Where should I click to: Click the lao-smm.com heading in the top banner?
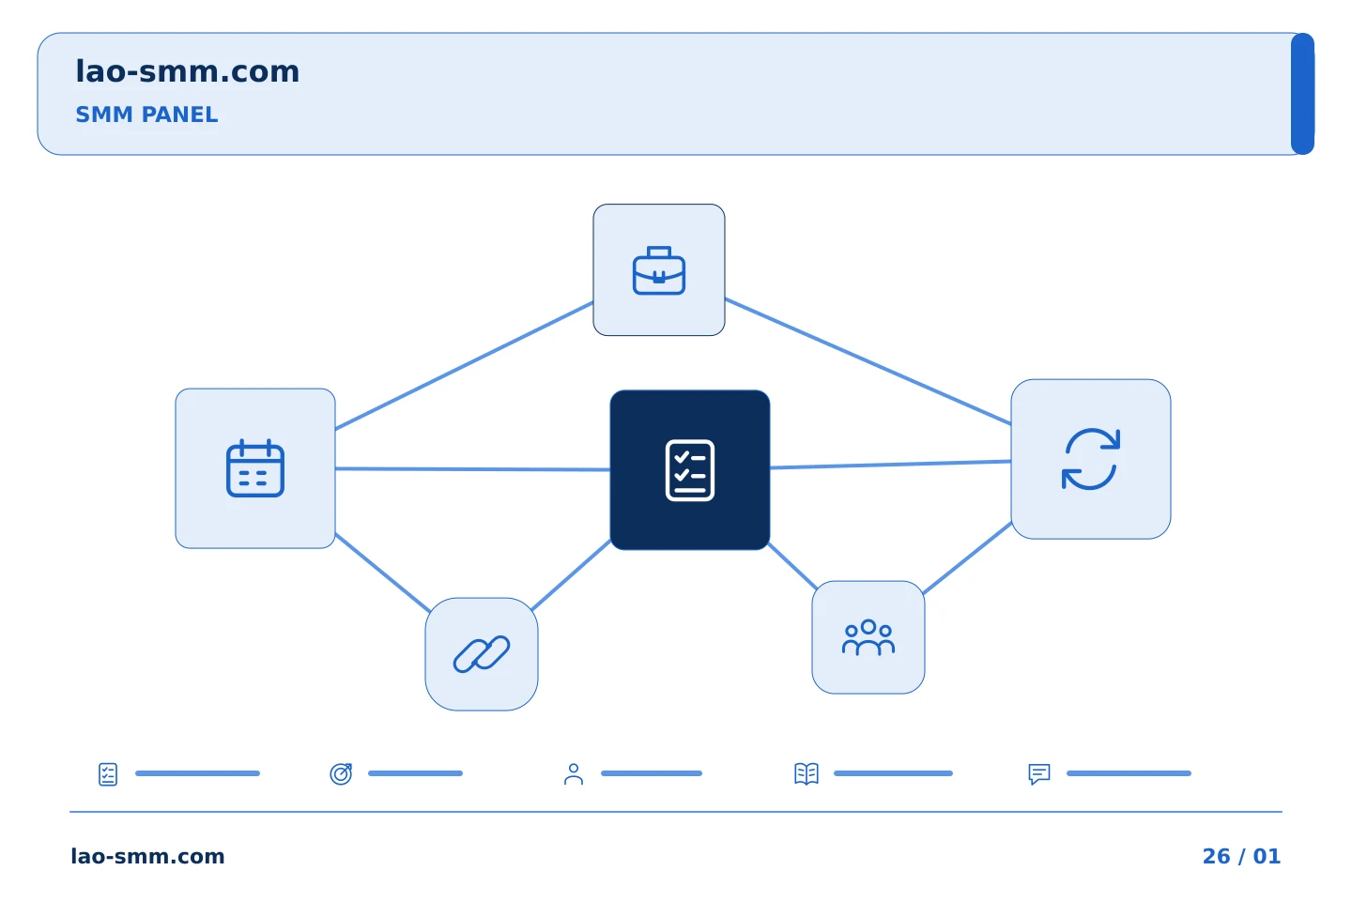pyautogui.click(x=187, y=71)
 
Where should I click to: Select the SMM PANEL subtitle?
pyautogui.click(x=146, y=115)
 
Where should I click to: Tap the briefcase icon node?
pyautogui.click(x=658, y=269)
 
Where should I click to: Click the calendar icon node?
pyautogui.click(x=254, y=468)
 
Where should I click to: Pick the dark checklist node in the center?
pyautogui.click(x=690, y=470)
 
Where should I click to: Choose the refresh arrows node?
pyautogui.click(x=1091, y=459)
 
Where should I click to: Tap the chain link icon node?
pyautogui.click(x=481, y=654)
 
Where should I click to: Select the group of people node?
pyautogui.click(x=868, y=637)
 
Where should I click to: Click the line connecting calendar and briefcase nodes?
pyautogui.click(x=464, y=366)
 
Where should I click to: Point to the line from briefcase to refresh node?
pyautogui.click(x=868, y=361)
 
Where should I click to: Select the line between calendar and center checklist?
pyautogui.click(x=472, y=469)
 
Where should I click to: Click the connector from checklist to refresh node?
pyautogui.click(x=890, y=465)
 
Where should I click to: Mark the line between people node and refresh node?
pyautogui.click(x=967, y=558)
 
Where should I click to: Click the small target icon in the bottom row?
pyautogui.click(x=341, y=773)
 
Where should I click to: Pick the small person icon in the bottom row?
pyautogui.click(x=574, y=773)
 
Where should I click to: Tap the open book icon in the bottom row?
pyautogui.click(x=807, y=773)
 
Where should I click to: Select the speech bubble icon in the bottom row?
pyautogui.click(x=1038, y=773)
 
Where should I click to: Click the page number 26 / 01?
pyautogui.click(x=1241, y=856)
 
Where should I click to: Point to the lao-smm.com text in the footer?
pyautogui.click(x=148, y=856)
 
